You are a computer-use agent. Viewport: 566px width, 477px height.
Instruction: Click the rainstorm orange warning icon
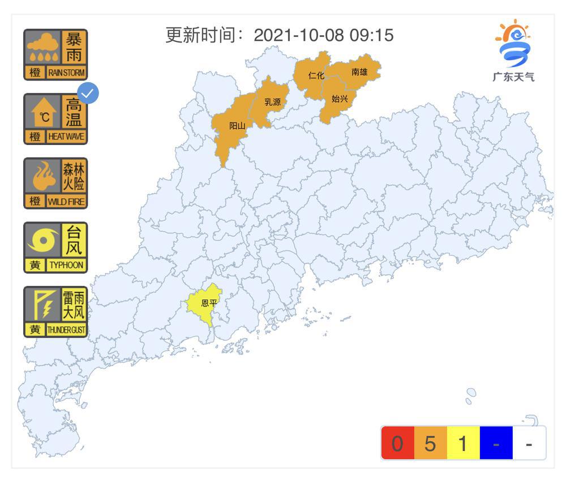pos(55,54)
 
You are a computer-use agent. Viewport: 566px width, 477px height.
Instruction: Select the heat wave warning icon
pos(55,119)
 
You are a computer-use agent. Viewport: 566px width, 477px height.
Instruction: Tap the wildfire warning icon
pos(55,183)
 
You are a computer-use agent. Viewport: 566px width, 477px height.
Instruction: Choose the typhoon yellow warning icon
pos(55,248)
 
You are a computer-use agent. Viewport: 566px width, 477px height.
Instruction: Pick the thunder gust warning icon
pos(55,312)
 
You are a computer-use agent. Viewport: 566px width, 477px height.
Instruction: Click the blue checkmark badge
pos(88,93)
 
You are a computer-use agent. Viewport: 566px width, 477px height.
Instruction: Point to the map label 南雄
pos(359,72)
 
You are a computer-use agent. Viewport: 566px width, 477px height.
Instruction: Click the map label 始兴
pos(340,99)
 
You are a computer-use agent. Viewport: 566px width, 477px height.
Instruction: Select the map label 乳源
pos(272,103)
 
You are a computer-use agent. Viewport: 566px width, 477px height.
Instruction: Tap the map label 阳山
pos(237,126)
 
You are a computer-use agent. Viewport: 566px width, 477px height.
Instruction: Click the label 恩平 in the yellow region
pos(209,304)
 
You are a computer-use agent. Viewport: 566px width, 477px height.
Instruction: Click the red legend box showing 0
pos(397,443)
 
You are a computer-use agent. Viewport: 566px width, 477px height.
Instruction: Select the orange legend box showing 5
pos(430,443)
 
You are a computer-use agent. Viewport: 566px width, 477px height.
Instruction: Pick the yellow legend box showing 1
pos(463,443)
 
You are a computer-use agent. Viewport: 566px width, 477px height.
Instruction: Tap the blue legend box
pos(496,443)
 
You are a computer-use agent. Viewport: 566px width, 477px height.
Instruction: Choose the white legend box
pos(529,443)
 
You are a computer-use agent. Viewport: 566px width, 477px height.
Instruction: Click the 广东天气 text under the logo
pos(513,77)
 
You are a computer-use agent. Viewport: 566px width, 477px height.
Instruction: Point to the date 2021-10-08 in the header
pos(298,35)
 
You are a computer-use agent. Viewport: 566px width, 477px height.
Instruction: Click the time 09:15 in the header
pos(371,35)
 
